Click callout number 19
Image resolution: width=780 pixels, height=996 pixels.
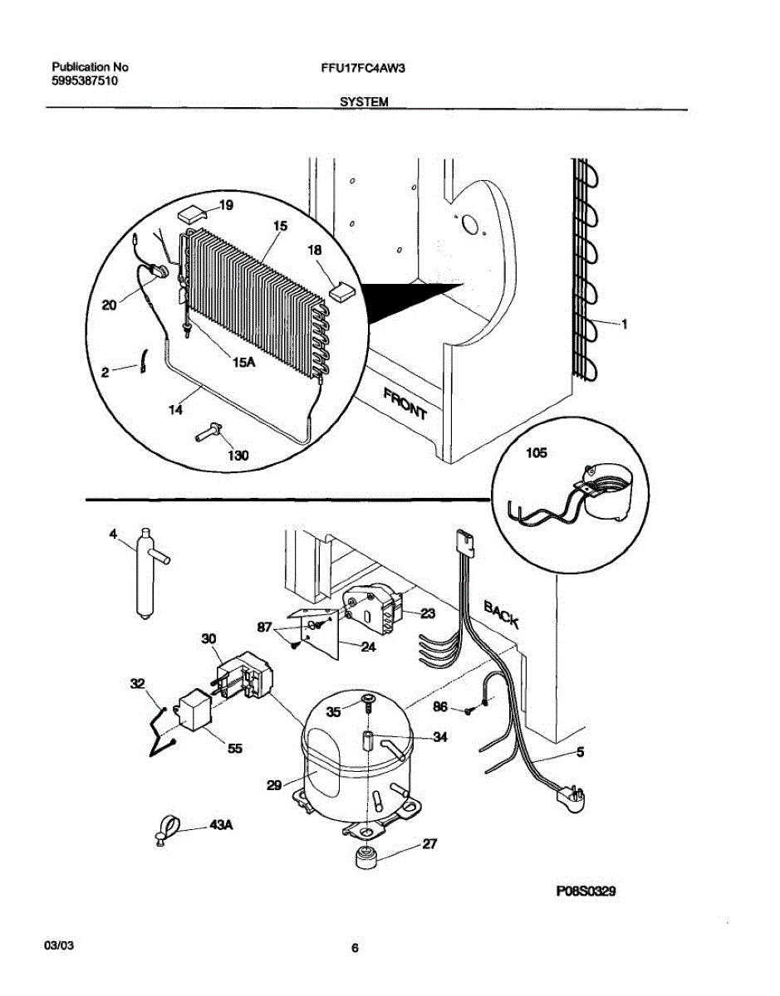[227, 204]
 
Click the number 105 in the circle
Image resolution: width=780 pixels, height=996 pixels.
[537, 454]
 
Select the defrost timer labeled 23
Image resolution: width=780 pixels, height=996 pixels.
[373, 609]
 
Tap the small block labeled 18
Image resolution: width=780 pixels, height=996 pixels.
[341, 290]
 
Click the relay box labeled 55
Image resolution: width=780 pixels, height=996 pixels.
[196, 710]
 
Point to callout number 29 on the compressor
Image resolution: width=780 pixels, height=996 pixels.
[274, 784]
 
